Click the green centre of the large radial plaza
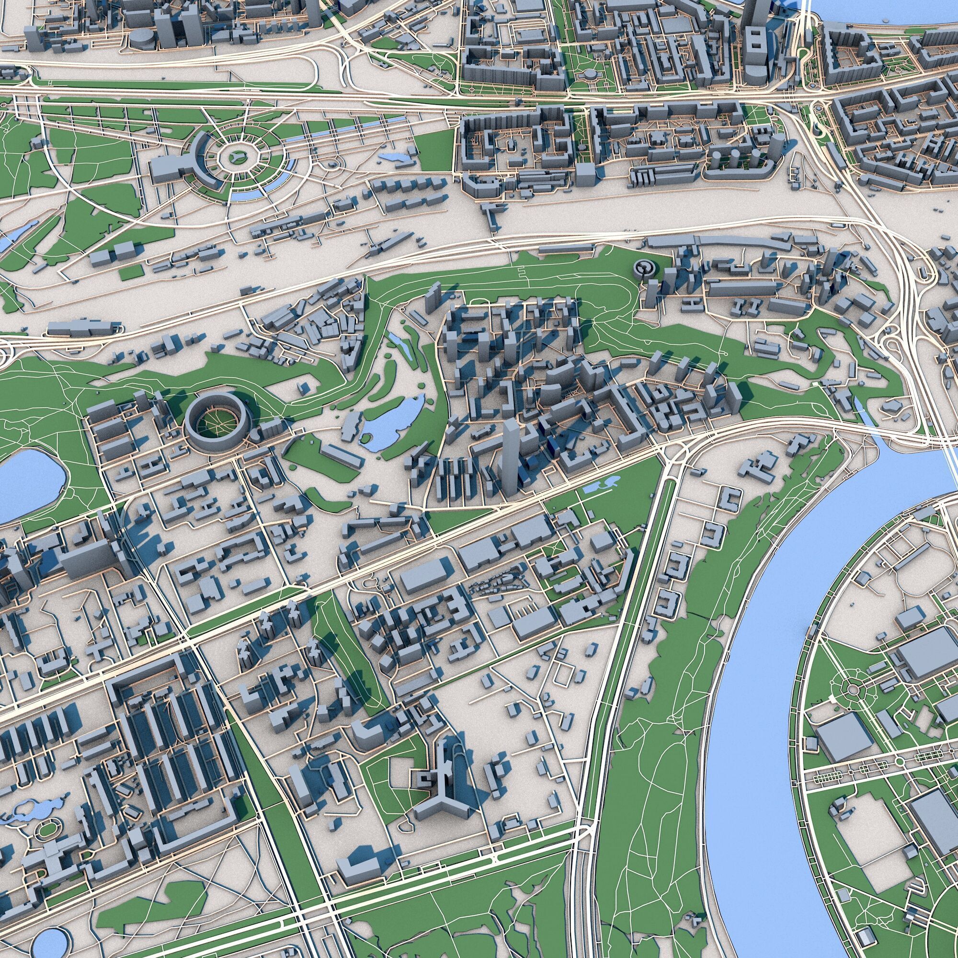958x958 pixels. click(x=237, y=157)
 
